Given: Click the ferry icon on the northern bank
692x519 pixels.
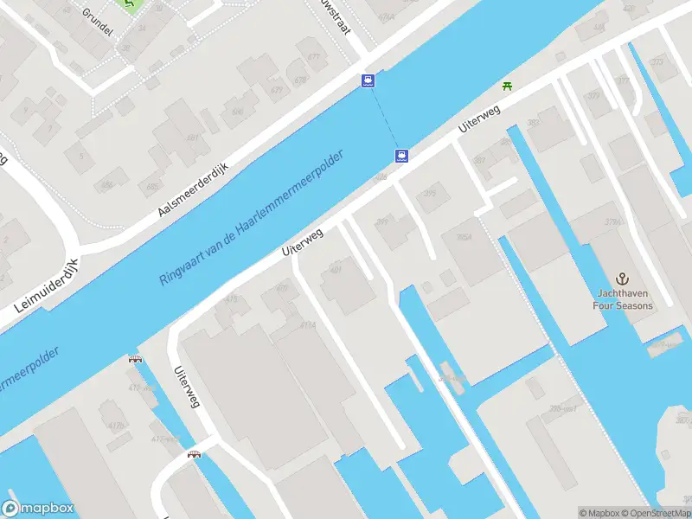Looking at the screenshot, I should click(x=368, y=81).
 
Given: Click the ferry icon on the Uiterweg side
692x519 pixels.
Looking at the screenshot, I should click(x=401, y=157).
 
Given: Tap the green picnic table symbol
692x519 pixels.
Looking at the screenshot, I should click(x=507, y=86).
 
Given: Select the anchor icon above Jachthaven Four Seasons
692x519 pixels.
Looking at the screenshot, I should click(x=621, y=279).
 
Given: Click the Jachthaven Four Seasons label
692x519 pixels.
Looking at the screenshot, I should click(x=622, y=299).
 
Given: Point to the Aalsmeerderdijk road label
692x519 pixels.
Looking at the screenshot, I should click(x=192, y=187).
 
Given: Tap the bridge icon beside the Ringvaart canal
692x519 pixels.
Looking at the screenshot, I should click(x=135, y=358).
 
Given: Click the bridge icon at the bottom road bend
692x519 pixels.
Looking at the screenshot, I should click(x=194, y=455).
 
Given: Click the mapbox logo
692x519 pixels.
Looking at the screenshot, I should click(x=38, y=509).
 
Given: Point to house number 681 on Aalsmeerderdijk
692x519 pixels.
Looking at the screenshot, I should click(x=192, y=138).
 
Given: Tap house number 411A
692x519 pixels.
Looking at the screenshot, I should click(x=307, y=325).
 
